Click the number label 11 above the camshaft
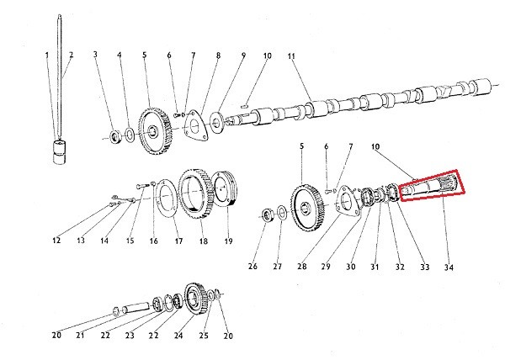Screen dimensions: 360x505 tap(293, 56)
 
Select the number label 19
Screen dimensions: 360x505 tap(227, 242)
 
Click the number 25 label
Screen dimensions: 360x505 tap(203, 336)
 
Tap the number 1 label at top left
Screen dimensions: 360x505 tap(47, 56)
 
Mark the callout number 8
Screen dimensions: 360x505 tap(218, 56)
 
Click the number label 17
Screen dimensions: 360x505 tap(178, 242)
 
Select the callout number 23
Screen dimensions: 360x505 tap(130, 336)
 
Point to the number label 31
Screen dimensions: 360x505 tap(375, 267)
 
